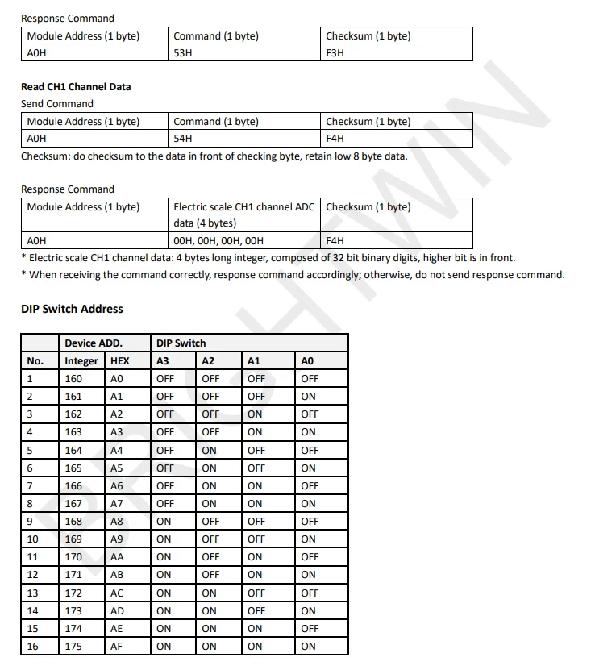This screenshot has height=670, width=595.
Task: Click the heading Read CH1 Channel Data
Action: click(76, 86)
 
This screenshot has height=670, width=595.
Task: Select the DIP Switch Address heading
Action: click(72, 309)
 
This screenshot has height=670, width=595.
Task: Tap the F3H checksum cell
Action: click(335, 53)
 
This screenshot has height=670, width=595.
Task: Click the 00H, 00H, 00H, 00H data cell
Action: click(218, 240)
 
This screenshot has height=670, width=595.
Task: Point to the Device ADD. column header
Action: click(94, 343)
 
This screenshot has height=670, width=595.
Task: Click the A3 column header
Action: click(164, 360)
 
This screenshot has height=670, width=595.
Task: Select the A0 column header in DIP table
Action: click(307, 360)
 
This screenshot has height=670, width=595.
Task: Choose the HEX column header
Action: click(119, 360)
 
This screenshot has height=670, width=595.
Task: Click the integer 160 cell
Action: click(73, 378)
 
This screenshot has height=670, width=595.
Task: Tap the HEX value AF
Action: click(117, 646)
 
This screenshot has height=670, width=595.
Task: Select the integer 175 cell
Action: click(73, 646)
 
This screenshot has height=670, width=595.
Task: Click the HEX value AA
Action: click(117, 556)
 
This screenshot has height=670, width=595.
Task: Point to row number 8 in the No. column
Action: click(31, 503)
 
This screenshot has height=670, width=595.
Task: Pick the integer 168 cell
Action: click(73, 521)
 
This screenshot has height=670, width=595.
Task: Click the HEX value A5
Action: click(117, 468)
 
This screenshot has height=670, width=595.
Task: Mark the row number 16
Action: click(33, 646)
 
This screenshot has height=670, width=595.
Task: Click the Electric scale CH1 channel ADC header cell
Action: click(244, 214)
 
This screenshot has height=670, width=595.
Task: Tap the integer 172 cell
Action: click(73, 593)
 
